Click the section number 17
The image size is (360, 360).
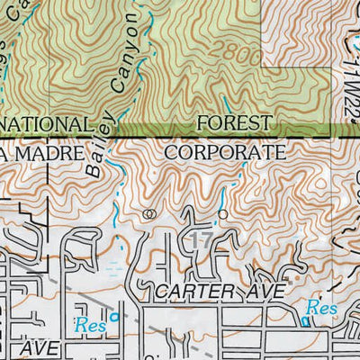[x=201, y=239]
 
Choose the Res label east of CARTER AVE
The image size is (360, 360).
[x=320, y=308]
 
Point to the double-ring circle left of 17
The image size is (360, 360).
[x=149, y=214]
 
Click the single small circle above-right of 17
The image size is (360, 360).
[x=222, y=214]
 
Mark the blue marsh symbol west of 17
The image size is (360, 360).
[x=112, y=267]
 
